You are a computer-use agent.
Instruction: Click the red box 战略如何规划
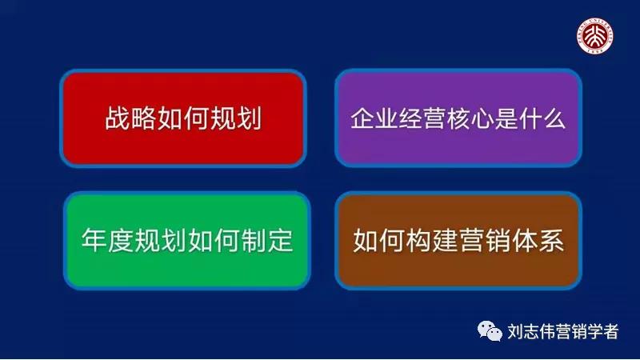(183, 118)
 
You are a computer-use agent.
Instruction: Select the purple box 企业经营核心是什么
(458, 118)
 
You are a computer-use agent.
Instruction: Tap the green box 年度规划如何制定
(186, 240)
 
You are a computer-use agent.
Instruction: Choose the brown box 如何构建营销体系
(458, 240)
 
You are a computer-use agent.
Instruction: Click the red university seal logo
(597, 35)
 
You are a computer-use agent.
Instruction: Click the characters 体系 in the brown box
(538, 241)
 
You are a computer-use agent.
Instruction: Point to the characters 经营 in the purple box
(415, 119)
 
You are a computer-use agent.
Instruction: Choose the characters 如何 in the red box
(183, 119)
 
